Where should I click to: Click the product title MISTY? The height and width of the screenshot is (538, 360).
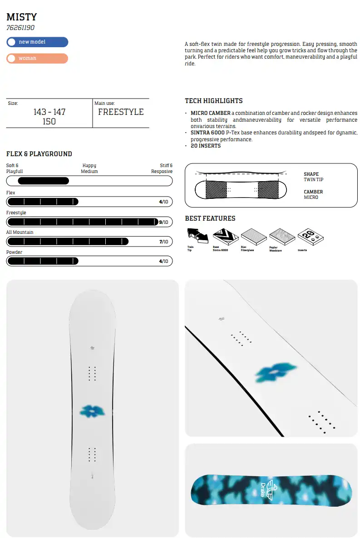tap(21, 17)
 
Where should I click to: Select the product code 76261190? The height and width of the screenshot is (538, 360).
tap(20, 28)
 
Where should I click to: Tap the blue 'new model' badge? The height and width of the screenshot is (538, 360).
tap(37, 42)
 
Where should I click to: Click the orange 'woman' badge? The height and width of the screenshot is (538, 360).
tap(37, 59)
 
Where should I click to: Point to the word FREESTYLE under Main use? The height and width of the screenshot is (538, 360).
tap(121, 112)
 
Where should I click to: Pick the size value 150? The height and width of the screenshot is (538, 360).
tap(49, 121)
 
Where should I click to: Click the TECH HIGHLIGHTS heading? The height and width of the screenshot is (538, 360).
tap(214, 101)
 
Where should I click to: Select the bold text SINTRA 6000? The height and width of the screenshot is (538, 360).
tap(207, 133)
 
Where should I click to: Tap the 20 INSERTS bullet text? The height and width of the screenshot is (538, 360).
tap(206, 146)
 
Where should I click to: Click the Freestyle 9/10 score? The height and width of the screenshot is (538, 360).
tap(163, 222)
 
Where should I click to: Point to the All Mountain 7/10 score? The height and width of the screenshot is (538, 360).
tap(163, 242)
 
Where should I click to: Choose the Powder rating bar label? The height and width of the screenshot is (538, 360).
tap(14, 252)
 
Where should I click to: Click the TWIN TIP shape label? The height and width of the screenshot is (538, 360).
tap(313, 180)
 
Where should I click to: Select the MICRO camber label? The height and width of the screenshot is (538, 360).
tap(311, 197)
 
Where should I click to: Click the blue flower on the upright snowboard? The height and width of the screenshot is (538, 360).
tap(92, 411)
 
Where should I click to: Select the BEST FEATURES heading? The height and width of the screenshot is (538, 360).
tap(210, 218)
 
